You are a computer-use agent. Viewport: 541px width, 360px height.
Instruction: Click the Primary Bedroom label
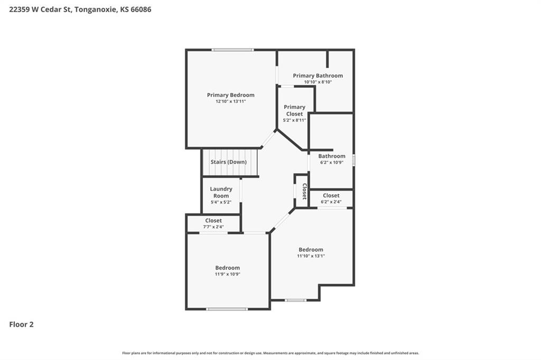tap(230, 95)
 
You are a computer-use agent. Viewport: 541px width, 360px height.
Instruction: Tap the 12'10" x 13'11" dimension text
tap(230, 101)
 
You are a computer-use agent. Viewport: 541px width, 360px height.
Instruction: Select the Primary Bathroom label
tap(318, 75)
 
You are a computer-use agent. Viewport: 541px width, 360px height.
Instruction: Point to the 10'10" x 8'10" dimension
tap(318, 82)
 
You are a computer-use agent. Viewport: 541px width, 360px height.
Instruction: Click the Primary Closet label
tap(294, 110)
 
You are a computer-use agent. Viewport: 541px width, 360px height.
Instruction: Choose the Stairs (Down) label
tap(228, 162)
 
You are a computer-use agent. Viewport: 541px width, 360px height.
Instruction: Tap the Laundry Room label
tap(221, 192)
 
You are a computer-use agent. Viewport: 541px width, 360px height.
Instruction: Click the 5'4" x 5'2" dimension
tap(221, 202)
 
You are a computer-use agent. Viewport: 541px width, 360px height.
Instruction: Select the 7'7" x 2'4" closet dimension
tap(213, 227)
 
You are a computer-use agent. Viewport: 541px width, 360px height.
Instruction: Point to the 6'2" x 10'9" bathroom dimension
tap(332, 163)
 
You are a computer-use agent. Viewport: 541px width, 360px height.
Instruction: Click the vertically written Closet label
tap(304, 192)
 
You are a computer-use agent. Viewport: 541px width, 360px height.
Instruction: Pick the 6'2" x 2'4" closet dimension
tap(331, 202)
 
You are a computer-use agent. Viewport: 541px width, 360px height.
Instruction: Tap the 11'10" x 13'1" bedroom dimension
tap(311, 256)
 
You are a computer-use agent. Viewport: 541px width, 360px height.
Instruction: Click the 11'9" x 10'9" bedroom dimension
tap(227, 274)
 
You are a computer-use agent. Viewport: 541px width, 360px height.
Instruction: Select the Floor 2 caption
tap(21, 325)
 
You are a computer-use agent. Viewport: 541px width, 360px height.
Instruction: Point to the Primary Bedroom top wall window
tap(233, 50)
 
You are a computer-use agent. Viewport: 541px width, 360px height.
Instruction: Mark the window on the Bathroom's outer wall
tap(353, 160)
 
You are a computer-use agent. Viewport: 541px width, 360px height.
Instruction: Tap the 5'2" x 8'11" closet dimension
tap(294, 120)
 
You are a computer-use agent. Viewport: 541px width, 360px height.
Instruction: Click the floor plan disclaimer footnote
tap(270, 353)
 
